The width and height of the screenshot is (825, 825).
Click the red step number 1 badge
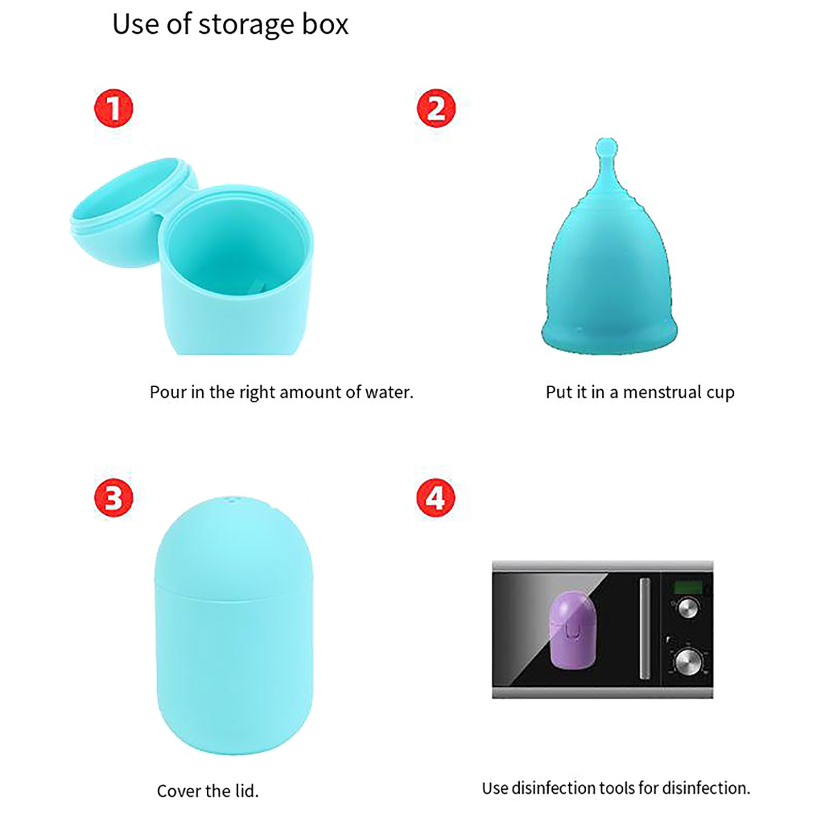(x=113, y=108)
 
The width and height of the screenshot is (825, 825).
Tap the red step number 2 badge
(x=436, y=108)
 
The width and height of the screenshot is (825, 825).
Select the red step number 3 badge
(x=113, y=498)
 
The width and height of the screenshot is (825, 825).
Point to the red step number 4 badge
(x=436, y=498)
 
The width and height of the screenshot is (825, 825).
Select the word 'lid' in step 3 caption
(x=246, y=790)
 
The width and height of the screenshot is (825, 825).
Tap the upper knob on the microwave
(x=687, y=608)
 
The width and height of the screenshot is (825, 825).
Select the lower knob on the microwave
(x=688, y=662)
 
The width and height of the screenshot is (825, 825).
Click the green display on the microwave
(x=688, y=586)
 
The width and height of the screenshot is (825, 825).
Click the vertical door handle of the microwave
(x=645, y=628)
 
